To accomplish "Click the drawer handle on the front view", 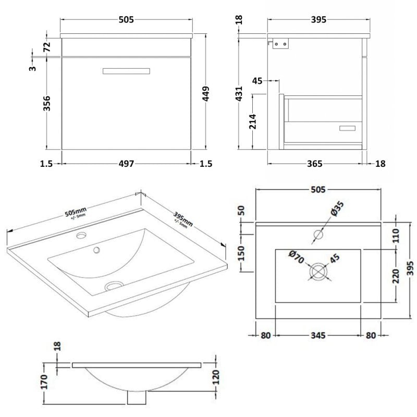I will pos(125,71).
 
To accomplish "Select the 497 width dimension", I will pos(126,164).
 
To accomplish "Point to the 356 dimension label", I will pos(46,103).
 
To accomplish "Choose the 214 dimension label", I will pos(253,120).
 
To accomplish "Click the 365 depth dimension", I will pos(314,164).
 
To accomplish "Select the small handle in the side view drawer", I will pos(347,128).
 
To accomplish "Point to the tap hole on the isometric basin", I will pos(81,236).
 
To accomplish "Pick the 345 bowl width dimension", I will pos(317,335).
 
